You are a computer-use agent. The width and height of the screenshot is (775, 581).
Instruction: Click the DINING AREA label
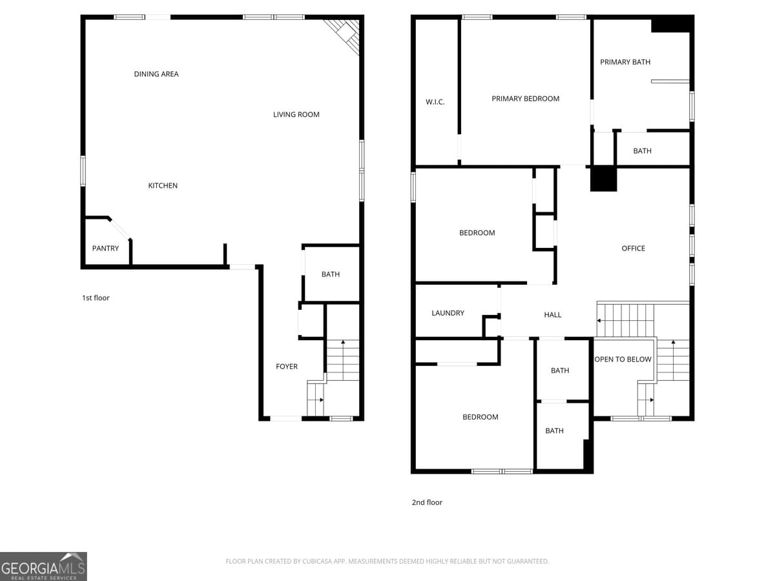click(156, 74)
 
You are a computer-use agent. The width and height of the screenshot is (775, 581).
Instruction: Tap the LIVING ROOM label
click(296, 115)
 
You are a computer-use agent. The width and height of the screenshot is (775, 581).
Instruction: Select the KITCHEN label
click(163, 186)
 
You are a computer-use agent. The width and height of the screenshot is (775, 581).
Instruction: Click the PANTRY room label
click(105, 249)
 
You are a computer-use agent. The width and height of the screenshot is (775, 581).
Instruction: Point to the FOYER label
click(287, 367)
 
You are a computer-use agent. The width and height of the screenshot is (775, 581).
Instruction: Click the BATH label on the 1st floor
click(331, 274)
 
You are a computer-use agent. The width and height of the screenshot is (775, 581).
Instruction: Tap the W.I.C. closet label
click(435, 102)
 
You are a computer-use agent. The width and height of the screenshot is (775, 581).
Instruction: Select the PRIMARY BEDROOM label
click(525, 99)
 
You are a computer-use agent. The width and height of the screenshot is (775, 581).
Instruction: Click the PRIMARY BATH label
click(625, 62)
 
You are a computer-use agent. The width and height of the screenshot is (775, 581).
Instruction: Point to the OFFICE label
click(633, 249)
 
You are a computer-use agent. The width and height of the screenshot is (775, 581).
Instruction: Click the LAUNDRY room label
click(448, 313)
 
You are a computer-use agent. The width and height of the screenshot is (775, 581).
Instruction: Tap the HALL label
click(553, 315)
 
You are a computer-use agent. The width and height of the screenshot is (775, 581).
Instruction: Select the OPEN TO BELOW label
click(623, 360)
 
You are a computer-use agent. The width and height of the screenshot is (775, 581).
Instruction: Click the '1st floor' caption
click(96, 298)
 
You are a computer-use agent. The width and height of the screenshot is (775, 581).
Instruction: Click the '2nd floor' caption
click(427, 502)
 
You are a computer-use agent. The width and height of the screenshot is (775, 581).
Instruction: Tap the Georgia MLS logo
click(43, 566)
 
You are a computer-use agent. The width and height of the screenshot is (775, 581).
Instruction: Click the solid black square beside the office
click(604, 179)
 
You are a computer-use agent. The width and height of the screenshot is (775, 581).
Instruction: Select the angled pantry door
click(119, 229)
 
